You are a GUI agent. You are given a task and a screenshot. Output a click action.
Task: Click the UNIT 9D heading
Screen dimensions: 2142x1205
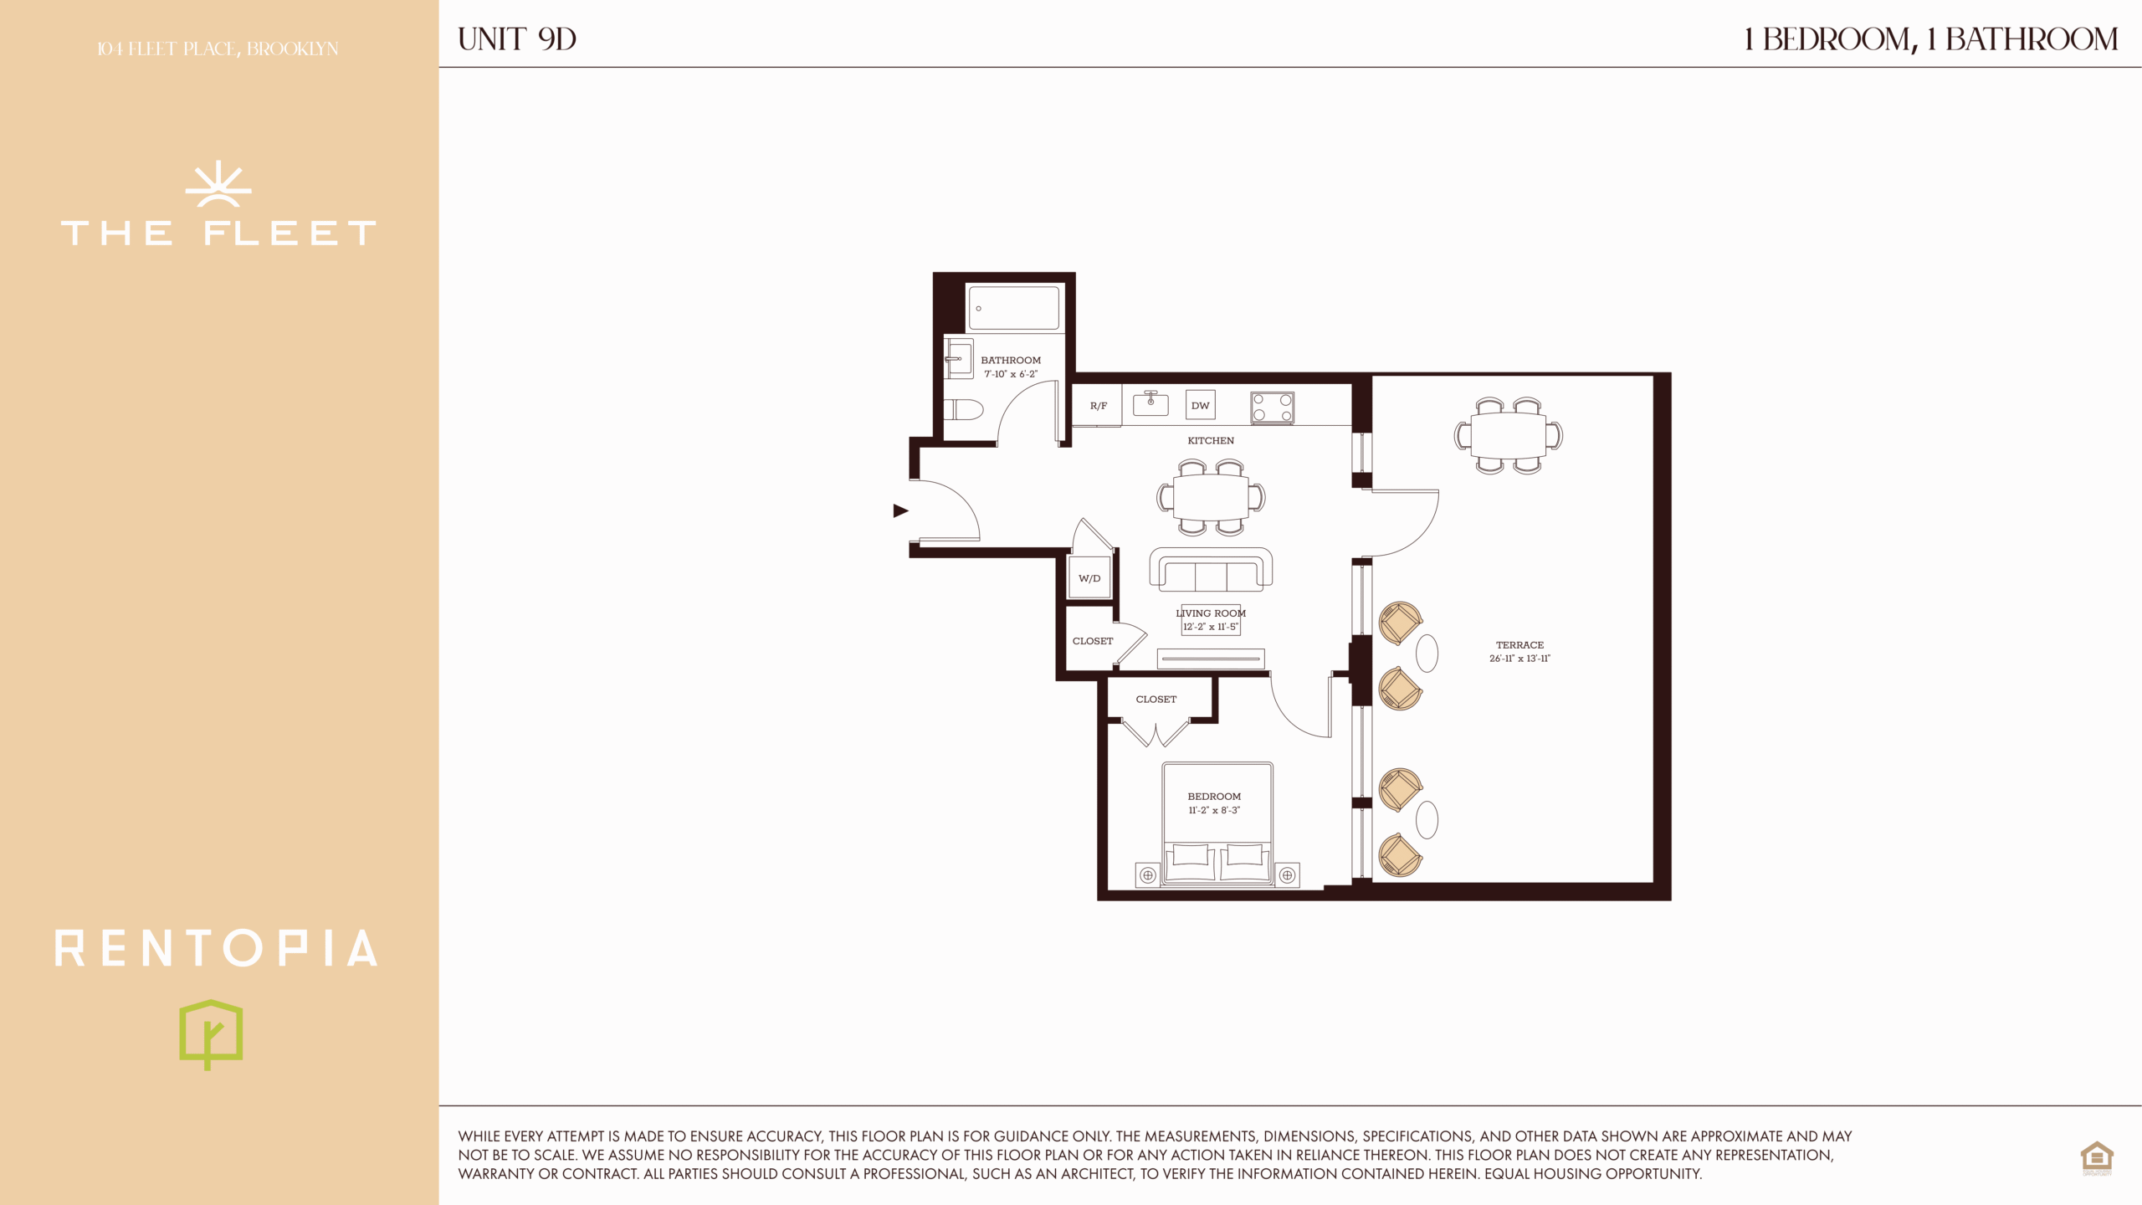[x=517, y=39]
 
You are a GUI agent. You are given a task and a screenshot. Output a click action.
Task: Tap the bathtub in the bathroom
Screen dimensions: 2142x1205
[x=1014, y=308]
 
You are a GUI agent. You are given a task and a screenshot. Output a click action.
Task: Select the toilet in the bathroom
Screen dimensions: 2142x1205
[x=963, y=409]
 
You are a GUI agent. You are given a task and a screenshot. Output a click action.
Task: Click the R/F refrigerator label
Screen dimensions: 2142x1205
[x=1099, y=406]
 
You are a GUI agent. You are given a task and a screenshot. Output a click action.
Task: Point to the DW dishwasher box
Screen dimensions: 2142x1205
[x=1201, y=405]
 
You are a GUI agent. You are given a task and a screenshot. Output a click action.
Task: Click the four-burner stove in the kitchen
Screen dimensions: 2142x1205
[x=1273, y=408]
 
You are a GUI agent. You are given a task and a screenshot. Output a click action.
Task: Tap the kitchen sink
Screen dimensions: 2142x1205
[x=1150, y=403]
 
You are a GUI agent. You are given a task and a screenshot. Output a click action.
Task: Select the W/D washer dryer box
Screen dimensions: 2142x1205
[x=1089, y=577]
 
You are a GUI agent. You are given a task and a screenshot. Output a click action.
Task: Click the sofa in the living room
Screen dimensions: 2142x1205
[x=1211, y=570]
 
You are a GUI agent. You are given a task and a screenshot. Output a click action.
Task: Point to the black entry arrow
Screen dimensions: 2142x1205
[x=900, y=510]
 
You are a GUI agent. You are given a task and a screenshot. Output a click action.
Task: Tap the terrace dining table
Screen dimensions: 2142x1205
[x=1509, y=436]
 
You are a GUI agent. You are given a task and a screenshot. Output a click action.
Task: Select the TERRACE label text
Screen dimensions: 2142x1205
[x=1519, y=645]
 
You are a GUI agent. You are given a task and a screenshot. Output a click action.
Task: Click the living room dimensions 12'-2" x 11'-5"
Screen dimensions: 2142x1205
[x=1210, y=627]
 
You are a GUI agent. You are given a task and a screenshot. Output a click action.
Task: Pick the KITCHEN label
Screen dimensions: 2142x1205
[x=1211, y=440]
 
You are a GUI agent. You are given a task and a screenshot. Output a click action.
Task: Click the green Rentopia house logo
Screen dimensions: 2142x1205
[x=211, y=1034]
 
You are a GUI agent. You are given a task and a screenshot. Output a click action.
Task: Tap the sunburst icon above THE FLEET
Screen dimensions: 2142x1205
[x=218, y=184]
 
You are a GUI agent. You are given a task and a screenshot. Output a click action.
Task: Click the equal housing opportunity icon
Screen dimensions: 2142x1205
[x=2097, y=1158]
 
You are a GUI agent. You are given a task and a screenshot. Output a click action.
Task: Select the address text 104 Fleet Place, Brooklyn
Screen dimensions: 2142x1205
[x=218, y=49]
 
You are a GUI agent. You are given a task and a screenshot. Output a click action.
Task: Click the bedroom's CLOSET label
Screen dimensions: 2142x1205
[x=1156, y=699]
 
